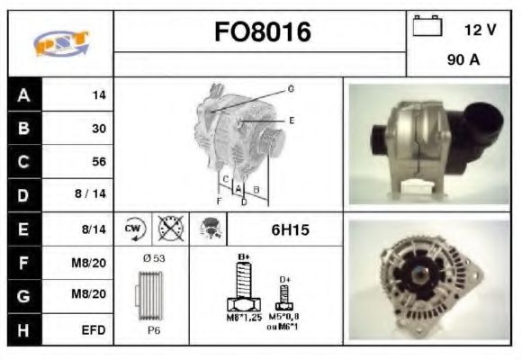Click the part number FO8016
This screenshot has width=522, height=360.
point(262,32)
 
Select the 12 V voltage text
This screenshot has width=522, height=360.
point(480,29)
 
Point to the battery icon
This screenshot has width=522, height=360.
point(426,27)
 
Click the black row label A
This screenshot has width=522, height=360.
point(24,94)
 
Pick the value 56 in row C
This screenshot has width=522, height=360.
point(98,162)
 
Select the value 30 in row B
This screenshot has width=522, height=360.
point(98,129)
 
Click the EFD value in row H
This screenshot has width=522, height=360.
point(93,329)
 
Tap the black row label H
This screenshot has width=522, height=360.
point(24,329)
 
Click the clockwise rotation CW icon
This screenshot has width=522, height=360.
point(134,229)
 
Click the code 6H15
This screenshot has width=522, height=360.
point(290,230)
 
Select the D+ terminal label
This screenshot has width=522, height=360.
point(284,280)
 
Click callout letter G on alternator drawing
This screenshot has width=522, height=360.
point(291,88)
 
